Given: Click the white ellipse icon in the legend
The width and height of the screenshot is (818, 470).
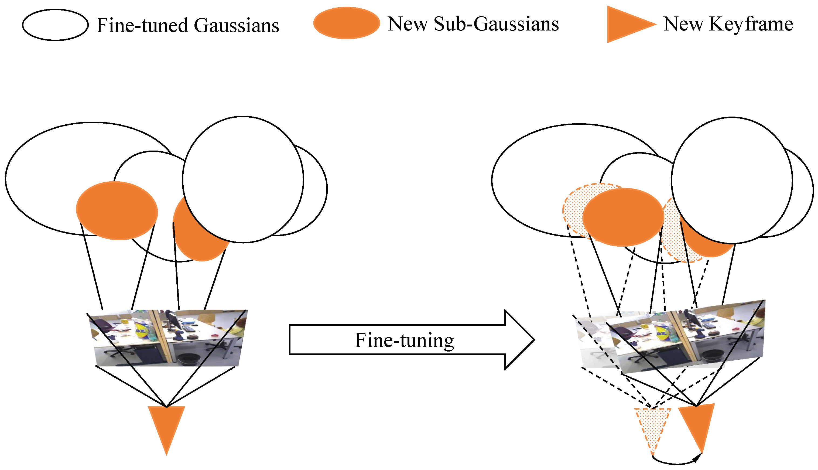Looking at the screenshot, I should coord(55,25).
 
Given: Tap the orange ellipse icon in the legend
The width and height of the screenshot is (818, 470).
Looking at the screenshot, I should coord(346,23).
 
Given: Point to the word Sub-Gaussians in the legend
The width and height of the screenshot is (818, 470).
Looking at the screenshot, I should coord(496,24).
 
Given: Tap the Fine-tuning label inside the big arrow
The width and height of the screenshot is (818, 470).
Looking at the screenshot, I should coord(404,340).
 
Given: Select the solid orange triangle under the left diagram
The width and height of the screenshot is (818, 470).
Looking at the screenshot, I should coord(166,426).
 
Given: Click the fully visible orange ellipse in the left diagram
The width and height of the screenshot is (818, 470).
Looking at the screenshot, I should coord(117,210).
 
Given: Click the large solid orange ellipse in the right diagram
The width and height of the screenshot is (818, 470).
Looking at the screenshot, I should coord(623,217).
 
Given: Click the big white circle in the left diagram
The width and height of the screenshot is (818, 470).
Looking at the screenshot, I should coord(243,179).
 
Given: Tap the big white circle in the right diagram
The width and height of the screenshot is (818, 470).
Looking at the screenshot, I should coord(732,180).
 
